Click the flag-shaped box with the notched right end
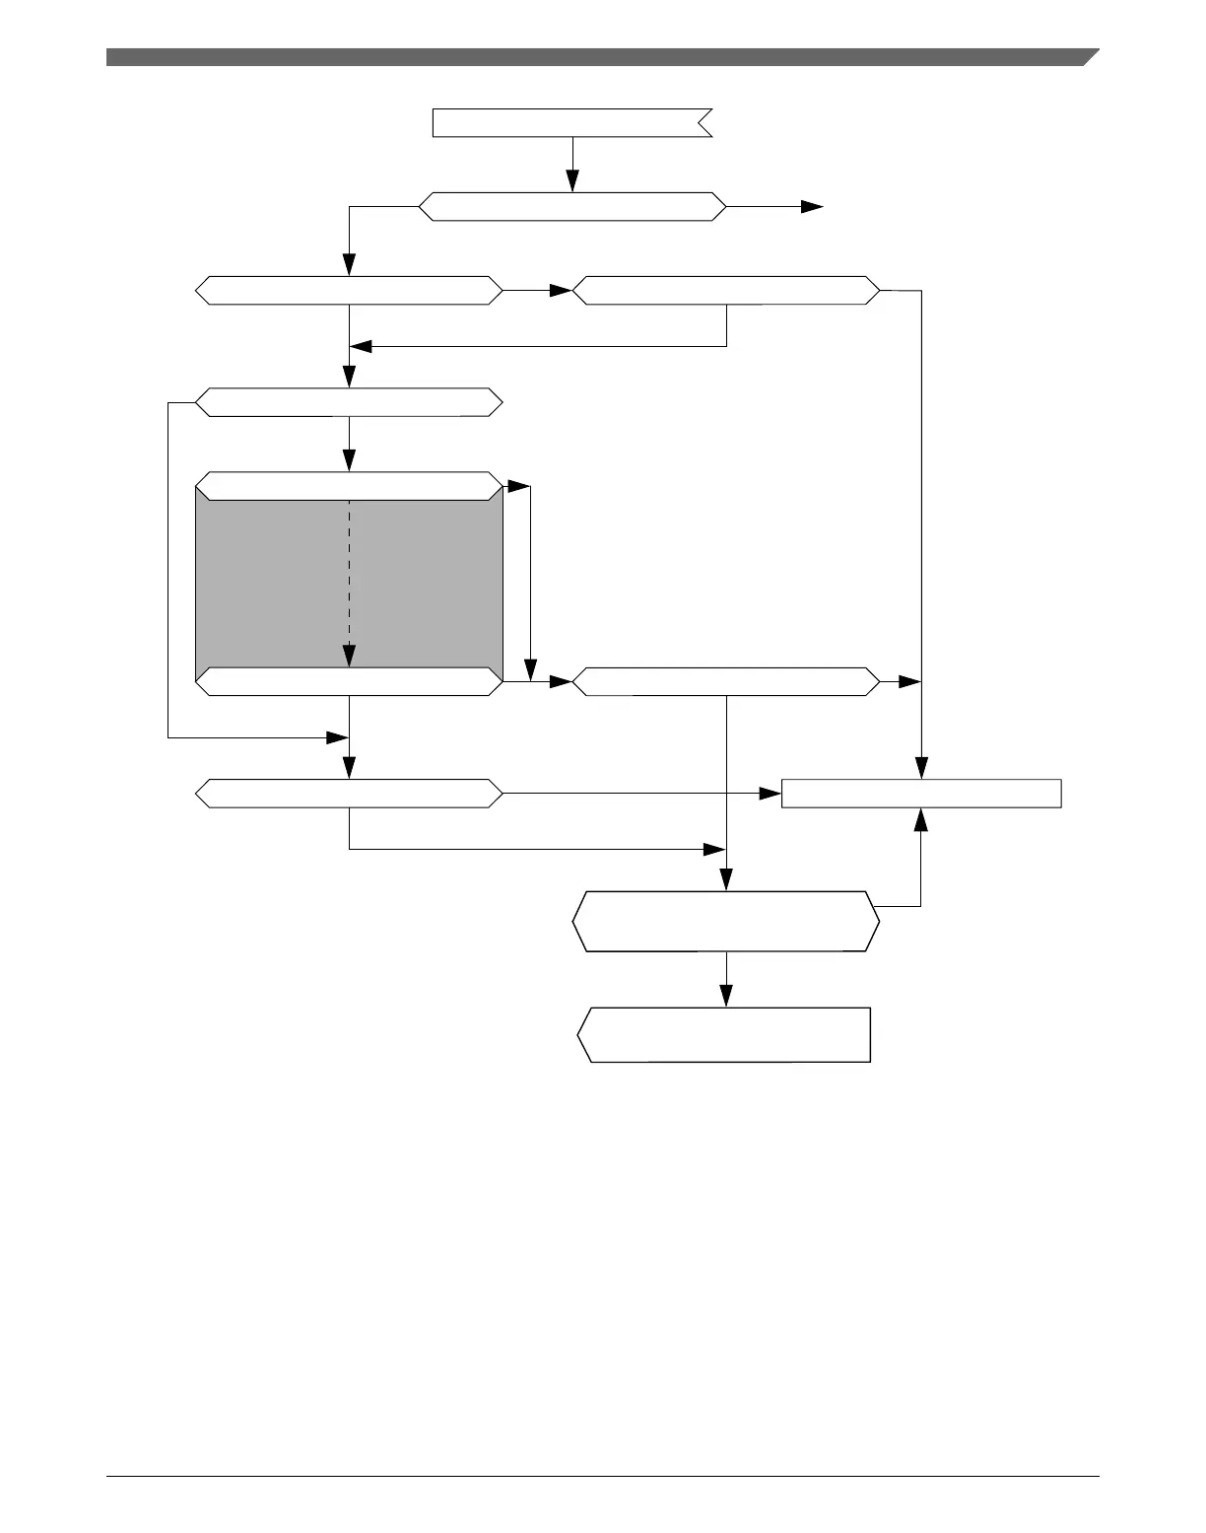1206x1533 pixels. (571, 123)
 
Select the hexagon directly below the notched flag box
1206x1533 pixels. (571, 207)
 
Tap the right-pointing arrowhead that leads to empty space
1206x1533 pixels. (812, 207)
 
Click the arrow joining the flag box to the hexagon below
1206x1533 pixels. (571, 164)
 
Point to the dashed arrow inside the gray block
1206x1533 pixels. (350, 582)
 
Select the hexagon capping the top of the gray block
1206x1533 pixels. (349, 486)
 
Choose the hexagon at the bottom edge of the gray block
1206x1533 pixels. (349, 681)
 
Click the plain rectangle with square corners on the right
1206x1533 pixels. (920, 794)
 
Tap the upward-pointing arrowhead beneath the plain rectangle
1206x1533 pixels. (920, 818)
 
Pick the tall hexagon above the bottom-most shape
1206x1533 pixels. (725, 922)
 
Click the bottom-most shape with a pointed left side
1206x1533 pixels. (725, 1034)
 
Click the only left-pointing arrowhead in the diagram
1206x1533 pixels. (361, 347)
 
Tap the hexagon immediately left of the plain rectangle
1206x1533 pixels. (349, 794)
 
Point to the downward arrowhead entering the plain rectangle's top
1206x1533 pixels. (921, 768)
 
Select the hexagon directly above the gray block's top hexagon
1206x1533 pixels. (349, 402)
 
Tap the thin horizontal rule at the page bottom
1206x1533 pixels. (602, 1476)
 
